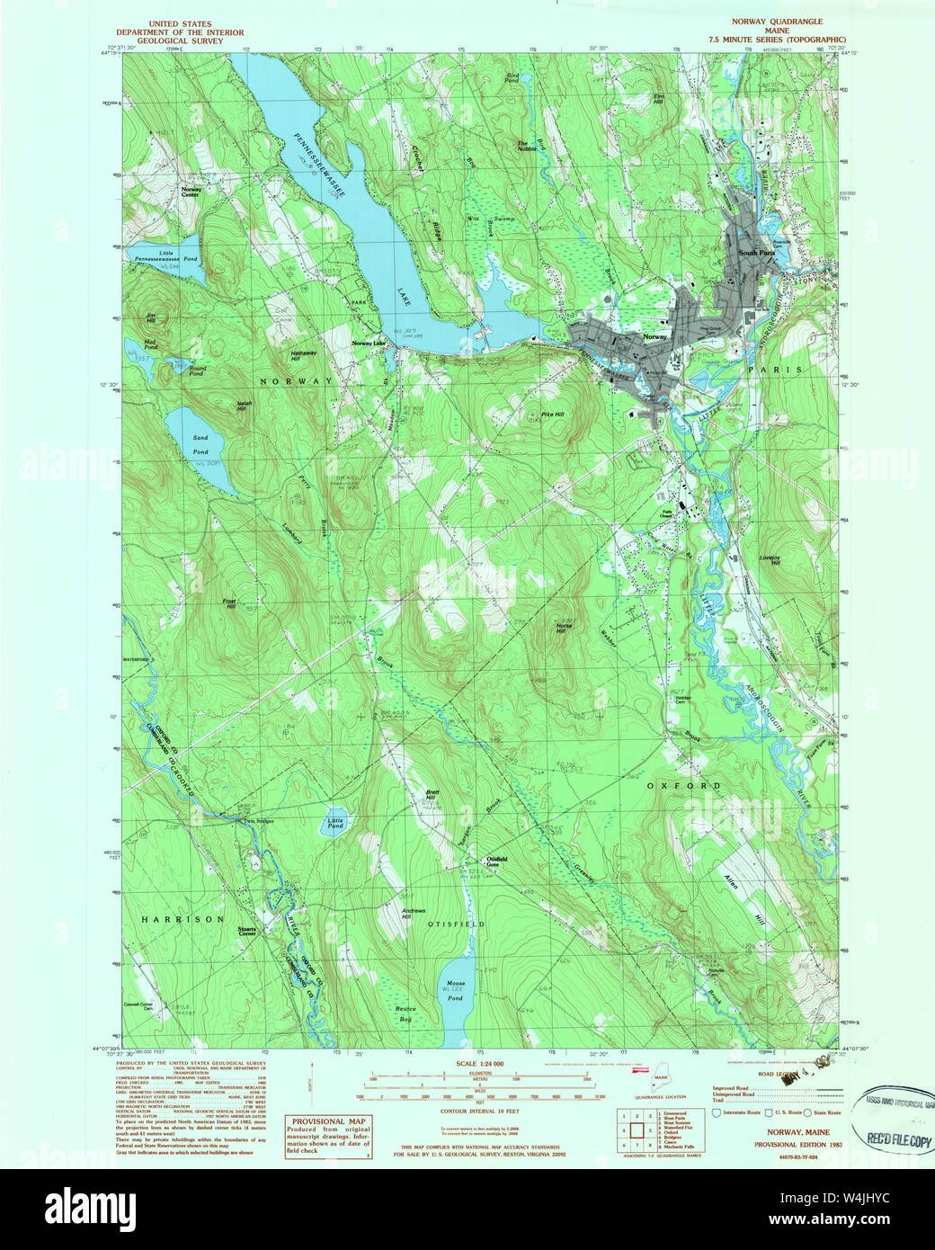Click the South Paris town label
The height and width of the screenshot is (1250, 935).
(755, 253)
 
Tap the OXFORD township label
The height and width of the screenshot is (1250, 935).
(683, 785)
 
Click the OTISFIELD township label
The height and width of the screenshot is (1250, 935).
(456, 924)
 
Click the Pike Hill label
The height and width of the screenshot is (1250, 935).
(553, 415)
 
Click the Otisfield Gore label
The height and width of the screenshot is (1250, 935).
(497, 862)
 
